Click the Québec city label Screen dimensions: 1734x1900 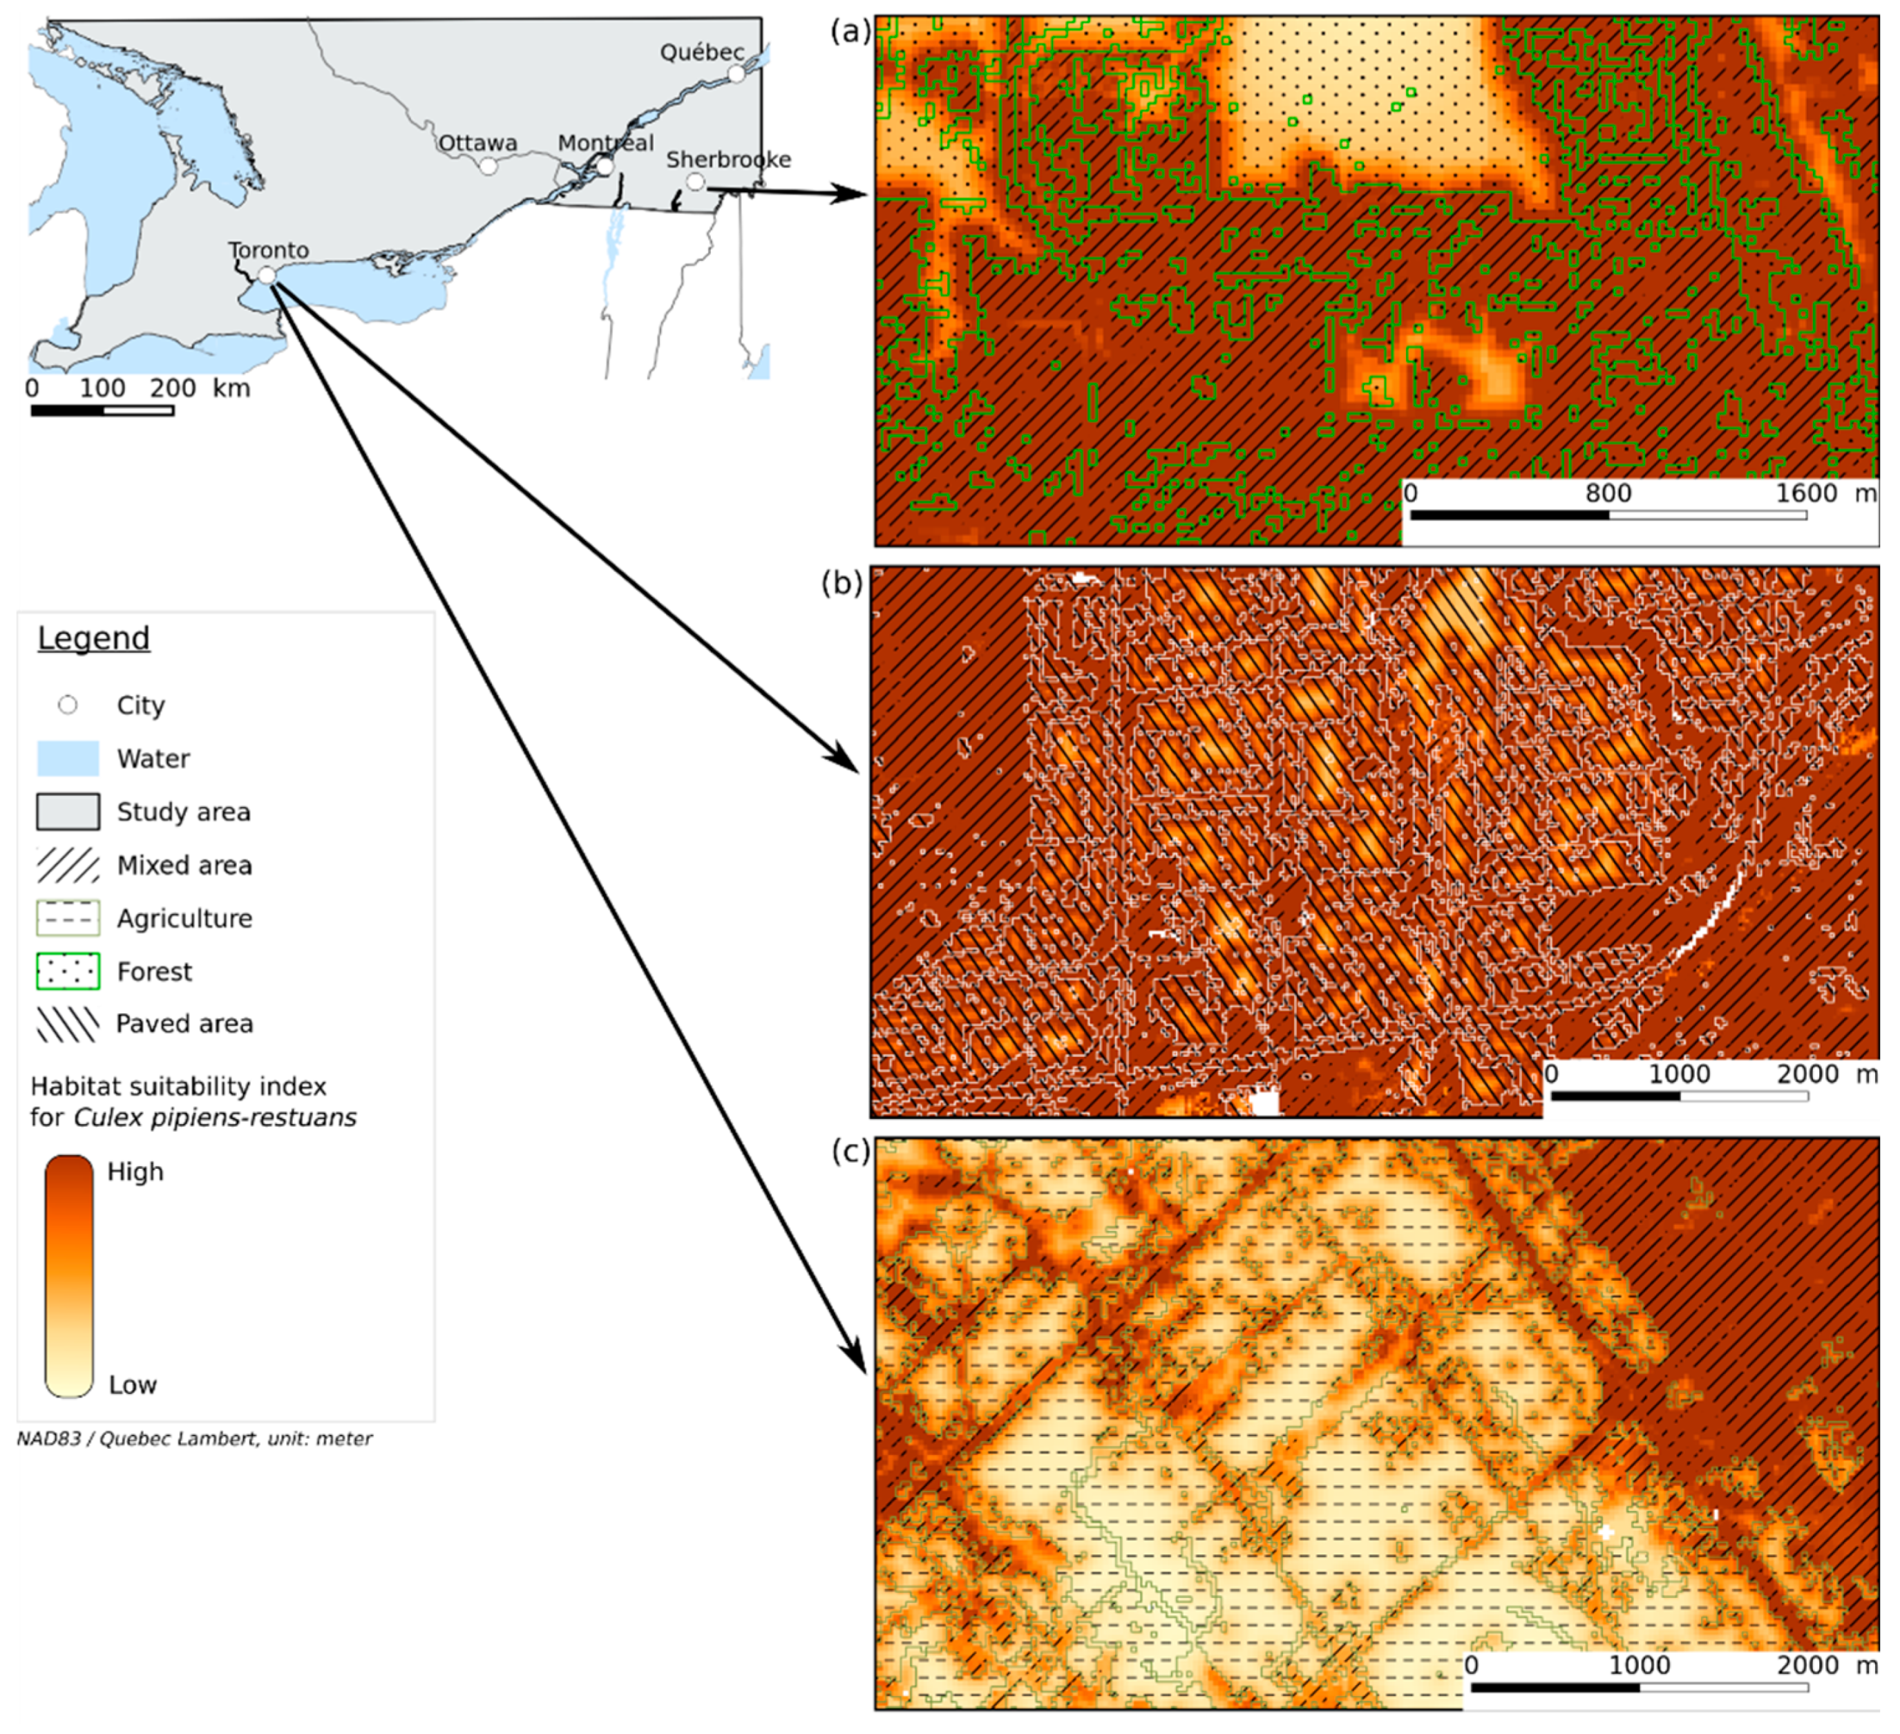click(x=701, y=53)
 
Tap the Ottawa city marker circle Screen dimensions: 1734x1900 click(x=488, y=166)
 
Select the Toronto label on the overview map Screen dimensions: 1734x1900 click(x=269, y=249)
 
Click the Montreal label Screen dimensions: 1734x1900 click(x=605, y=143)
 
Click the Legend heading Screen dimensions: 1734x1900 click(x=93, y=638)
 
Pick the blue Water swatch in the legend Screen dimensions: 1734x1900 click(x=68, y=758)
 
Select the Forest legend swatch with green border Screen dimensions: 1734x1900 click(x=68, y=971)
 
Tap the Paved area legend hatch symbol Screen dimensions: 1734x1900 click(x=68, y=1023)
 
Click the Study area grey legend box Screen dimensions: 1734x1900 click(x=68, y=812)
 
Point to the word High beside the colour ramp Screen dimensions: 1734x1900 click(x=135, y=1172)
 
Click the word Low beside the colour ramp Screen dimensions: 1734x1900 click(x=133, y=1384)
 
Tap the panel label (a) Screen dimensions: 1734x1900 click(x=850, y=32)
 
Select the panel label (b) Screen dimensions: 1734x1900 click(x=842, y=583)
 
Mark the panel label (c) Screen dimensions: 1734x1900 click(x=850, y=1151)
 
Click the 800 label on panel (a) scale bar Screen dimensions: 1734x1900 click(x=1608, y=493)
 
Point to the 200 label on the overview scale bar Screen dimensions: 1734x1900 click(x=173, y=388)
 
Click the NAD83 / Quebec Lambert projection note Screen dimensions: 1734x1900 click(x=195, y=1439)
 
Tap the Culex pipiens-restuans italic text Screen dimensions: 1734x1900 click(x=215, y=1118)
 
